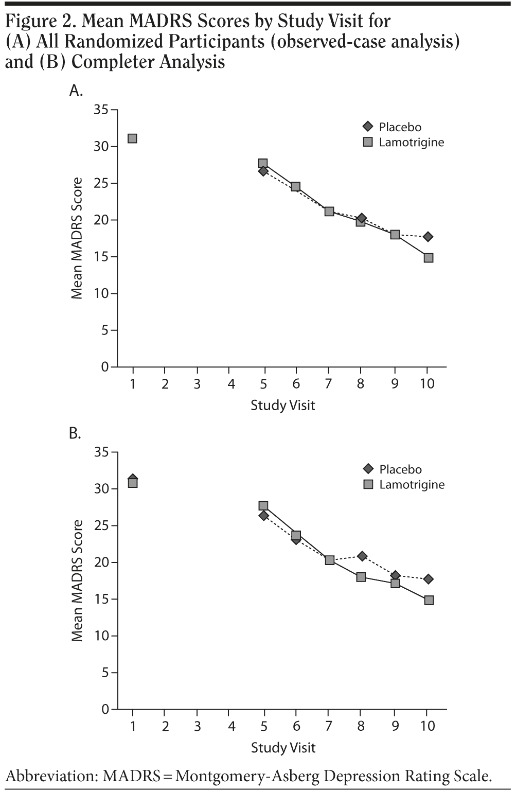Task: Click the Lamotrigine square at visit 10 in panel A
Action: (429, 258)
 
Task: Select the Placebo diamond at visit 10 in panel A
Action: (428, 237)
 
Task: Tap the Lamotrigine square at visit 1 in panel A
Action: (132, 138)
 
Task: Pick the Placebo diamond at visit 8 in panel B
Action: (362, 556)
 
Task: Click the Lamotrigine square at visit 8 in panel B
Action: (361, 577)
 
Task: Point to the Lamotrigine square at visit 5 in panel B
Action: (263, 506)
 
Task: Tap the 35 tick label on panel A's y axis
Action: (101, 110)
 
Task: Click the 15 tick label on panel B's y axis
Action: (101, 599)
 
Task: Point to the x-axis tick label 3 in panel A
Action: (197, 384)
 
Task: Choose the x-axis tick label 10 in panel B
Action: (428, 726)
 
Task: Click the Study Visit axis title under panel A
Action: (282, 406)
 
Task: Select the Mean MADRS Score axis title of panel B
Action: (77, 580)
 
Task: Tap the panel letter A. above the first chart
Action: (76, 91)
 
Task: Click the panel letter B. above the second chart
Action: (75, 434)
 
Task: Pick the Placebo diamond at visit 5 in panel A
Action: (263, 171)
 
